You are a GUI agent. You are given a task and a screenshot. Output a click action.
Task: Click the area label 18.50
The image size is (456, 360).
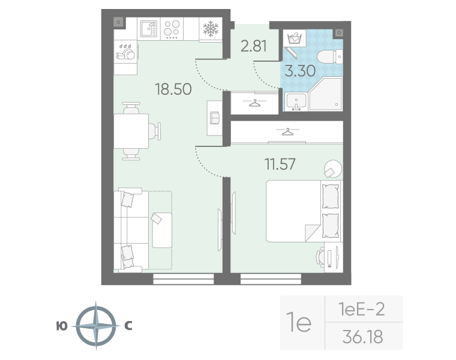coord(173,89)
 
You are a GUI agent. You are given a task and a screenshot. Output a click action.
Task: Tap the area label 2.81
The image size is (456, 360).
coord(253,46)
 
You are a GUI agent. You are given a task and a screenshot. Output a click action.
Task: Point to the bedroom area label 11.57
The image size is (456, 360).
coord(280,163)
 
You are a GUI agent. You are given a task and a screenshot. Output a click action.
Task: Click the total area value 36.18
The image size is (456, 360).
coord(362,336)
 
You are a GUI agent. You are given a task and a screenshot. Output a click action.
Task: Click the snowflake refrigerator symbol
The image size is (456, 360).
coord(209,28)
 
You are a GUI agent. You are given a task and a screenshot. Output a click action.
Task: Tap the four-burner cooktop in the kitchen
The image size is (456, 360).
coord(172,28)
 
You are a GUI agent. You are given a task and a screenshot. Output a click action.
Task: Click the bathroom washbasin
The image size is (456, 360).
coord(295,102)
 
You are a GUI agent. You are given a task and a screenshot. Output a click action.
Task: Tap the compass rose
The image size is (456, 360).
coord(95,326)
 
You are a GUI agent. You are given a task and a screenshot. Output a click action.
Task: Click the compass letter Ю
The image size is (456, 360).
coord(61,326)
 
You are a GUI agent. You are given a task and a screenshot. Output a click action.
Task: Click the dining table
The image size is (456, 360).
coord(132,132)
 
